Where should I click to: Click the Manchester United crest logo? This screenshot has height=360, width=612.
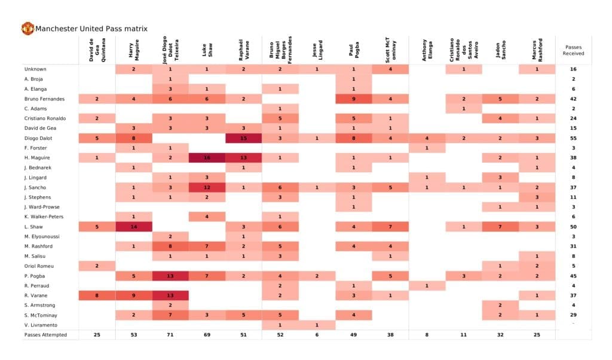(27, 28)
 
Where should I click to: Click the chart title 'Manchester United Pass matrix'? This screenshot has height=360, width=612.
(91, 29)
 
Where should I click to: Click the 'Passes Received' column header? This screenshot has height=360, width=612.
(573, 50)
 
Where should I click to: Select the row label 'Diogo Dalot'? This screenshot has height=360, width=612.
(37, 138)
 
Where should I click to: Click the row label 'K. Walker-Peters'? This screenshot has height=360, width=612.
(43, 216)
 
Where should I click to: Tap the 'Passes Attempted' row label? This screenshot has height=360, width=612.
(45, 334)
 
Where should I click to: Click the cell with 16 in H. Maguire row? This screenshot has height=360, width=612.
(207, 157)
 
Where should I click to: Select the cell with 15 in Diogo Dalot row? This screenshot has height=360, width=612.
(243, 138)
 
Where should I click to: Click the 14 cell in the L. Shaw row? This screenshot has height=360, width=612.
(133, 227)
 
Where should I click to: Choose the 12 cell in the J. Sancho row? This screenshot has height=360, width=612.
(207, 187)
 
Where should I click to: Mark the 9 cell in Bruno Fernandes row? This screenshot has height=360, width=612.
(353, 99)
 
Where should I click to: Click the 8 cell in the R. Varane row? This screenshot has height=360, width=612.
(97, 295)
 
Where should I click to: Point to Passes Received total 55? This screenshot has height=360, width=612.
(573, 138)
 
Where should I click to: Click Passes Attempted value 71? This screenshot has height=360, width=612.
(170, 334)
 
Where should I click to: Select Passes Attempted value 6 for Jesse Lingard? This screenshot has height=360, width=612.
(317, 334)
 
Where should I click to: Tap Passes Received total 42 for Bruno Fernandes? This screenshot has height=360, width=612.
(573, 99)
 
